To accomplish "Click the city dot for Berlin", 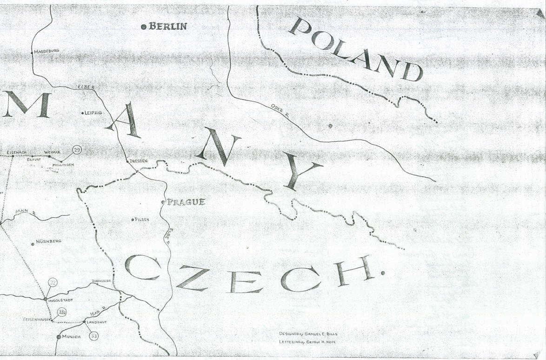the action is (x=144, y=27).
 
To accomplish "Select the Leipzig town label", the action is (x=93, y=113).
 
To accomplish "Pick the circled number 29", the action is (x=77, y=150).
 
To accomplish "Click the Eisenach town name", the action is (x=17, y=153).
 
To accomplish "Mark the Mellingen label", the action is (x=63, y=165).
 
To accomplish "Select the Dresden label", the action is (x=139, y=161).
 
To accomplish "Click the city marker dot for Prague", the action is (x=163, y=202).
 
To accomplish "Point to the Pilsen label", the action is (x=142, y=220).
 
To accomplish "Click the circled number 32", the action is (x=53, y=283).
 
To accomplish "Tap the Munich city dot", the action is (x=59, y=337).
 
